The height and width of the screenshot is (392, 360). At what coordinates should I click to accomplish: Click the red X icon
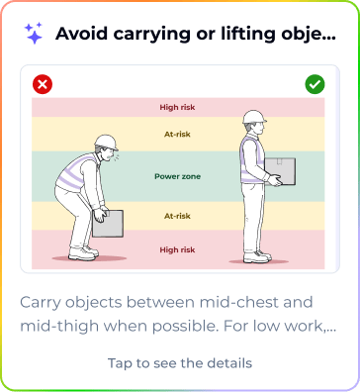[x=43, y=84]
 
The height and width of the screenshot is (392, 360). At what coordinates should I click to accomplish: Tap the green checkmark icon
[x=315, y=84]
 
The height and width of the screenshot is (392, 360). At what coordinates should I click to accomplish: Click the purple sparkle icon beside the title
[x=34, y=33]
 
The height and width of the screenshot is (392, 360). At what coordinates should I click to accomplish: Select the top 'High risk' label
[x=177, y=107]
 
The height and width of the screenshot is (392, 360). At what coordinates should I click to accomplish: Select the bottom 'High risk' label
[x=177, y=249]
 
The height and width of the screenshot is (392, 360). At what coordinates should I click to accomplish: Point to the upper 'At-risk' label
[x=177, y=135]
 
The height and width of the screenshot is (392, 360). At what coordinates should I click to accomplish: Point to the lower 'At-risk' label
[x=177, y=216]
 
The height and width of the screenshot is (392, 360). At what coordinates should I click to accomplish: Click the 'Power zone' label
[x=177, y=176]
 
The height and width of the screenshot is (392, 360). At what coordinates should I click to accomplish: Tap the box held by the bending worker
[x=108, y=224]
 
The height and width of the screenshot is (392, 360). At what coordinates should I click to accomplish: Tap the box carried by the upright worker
[x=281, y=171]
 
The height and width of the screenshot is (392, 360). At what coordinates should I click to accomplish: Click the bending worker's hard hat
[x=107, y=143]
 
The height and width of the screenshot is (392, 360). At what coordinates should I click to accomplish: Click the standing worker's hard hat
[x=254, y=117]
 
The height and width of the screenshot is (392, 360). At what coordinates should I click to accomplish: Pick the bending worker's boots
[x=83, y=252]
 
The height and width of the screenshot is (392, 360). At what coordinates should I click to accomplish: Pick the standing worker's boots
[x=257, y=256]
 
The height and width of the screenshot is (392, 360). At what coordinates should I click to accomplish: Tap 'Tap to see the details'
[x=180, y=363]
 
